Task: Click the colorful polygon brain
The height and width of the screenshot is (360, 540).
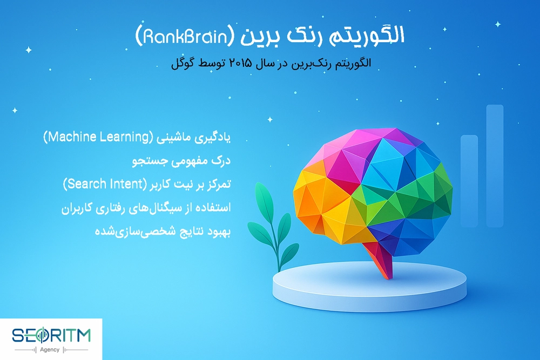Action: coord(372,188)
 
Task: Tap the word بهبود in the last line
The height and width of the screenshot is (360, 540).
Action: coord(219,233)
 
